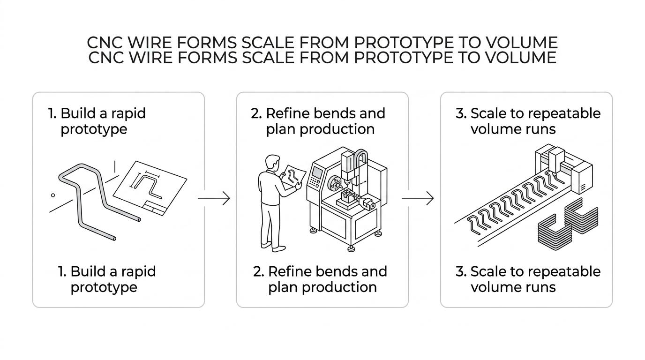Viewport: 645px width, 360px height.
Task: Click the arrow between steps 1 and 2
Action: [214, 198]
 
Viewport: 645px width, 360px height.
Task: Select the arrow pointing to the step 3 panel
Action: [418, 198]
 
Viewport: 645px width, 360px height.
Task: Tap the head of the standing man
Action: [272, 163]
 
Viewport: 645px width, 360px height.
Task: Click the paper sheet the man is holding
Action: [293, 177]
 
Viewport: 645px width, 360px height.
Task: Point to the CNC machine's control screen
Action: [317, 172]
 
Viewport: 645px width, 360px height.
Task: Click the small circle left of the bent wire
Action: [53, 195]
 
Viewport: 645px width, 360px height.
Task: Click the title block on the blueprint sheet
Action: [154, 208]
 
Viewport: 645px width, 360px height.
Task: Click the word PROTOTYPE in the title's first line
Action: [404, 43]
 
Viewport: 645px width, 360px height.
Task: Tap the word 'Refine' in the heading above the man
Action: [287, 113]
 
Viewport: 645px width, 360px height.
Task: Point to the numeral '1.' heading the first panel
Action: [52, 113]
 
